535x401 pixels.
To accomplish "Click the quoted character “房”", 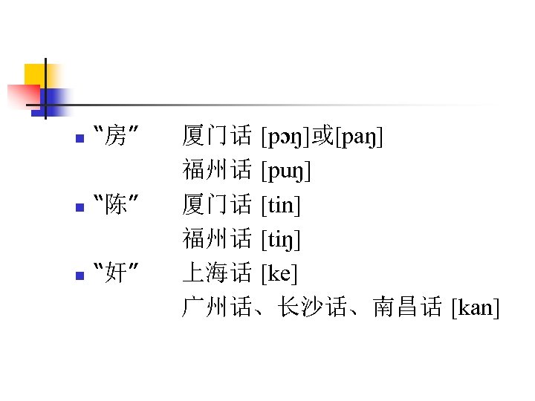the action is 115,137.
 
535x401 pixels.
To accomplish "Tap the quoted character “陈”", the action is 115,205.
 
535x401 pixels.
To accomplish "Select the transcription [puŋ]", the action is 286,171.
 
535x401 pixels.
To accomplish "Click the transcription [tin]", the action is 281,205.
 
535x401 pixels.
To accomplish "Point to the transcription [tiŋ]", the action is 281,239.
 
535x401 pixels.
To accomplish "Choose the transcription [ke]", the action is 279,273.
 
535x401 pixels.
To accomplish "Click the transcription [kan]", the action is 475,307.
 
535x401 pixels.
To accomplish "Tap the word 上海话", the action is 217,273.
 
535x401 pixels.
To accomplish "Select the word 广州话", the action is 217,307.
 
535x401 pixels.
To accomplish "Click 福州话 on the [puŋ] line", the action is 217,171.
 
